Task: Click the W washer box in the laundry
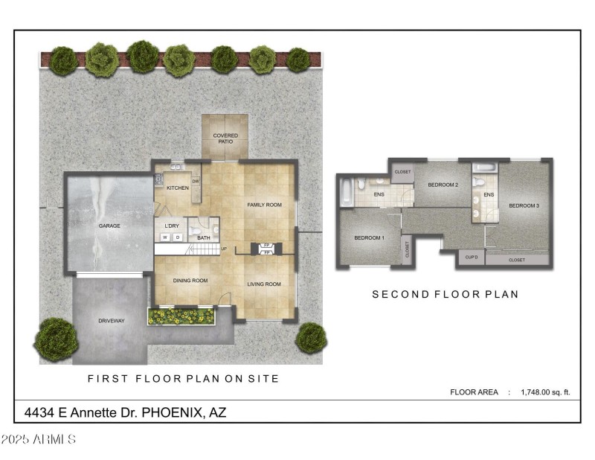[166, 237]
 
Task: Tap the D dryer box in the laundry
[178, 237]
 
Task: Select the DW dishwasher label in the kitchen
[196, 182]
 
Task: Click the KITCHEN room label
[177, 188]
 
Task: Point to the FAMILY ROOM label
[264, 205]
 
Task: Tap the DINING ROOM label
[191, 281]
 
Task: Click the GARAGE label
[109, 226]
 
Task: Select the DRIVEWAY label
[111, 321]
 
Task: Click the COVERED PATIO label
[225, 138]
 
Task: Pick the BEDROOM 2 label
[442, 185]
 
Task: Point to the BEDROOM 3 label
[524, 205]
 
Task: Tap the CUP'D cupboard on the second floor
[471, 258]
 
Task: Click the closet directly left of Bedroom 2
[402, 172]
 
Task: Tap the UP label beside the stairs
[223, 249]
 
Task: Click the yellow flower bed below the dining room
[181, 317]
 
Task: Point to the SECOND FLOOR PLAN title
[445, 295]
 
